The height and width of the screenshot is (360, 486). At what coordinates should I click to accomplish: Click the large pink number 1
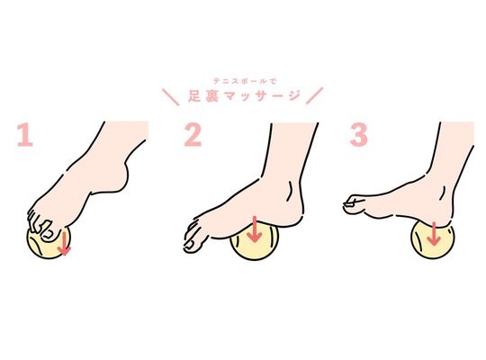pyautogui.click(x=25, y=135)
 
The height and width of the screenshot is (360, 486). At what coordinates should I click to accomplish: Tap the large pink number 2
pyautogui.click(x=193, y=135)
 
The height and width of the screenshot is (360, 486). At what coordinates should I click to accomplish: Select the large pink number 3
pyautogui.click(x=359, y=135)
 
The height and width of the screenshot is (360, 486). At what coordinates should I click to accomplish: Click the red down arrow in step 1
pyautogui.click(x=64, y=244)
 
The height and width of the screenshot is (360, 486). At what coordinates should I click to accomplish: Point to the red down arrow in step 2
pyautogui.click(x=255, y=229)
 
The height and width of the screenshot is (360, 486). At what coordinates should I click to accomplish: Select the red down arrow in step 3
pyautogui.click(x=434, y=234)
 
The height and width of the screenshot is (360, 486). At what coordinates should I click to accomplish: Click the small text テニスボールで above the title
pyautogui.click(x=245, y=81)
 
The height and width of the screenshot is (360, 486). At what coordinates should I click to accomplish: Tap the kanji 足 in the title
pyautogui.click(x=194, y=96)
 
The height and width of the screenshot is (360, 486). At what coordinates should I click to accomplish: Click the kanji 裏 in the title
pyautogui.click(x=212, y=96)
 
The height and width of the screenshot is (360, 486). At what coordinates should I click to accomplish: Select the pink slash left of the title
pyautogui.click(x=171, y=97)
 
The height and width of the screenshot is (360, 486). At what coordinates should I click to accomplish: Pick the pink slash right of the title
pyautogui.click(x=315, y=95)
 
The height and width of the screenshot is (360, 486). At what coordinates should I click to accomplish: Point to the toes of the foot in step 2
pyautogui.click(x=193, y=236)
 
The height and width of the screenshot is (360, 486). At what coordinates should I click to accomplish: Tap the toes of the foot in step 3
pyautogui.click(x=354, y=203)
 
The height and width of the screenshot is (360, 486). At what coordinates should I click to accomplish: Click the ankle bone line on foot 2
pyautogui.click(x=291, y=192)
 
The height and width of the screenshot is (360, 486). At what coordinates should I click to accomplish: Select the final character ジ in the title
pyautogui.click(x=294, y=96)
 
